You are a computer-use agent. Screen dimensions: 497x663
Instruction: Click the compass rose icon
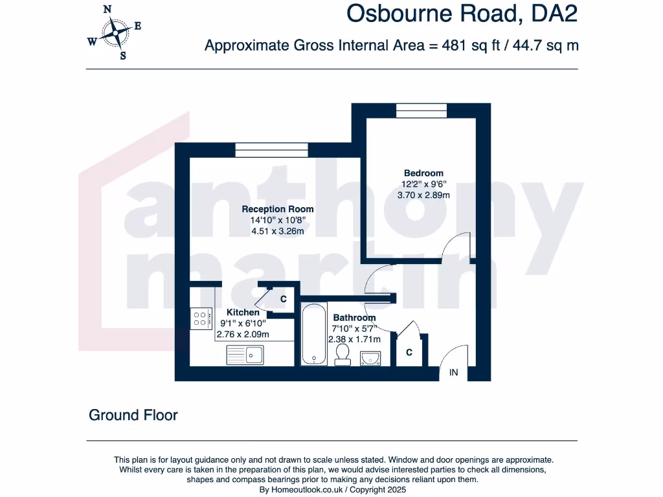coord(116,32)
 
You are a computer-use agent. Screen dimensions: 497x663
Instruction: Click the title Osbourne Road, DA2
coord(462,14)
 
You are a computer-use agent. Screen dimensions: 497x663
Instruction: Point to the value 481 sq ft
coord(469,45)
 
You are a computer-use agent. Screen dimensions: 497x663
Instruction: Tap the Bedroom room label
coord(423,173)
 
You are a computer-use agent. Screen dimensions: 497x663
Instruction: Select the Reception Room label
coord(278,209)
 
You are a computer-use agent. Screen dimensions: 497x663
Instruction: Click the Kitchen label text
coord(243,313)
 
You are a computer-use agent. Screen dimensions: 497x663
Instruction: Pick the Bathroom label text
coord(354,318)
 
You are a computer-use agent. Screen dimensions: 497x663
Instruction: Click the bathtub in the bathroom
coord(314,334)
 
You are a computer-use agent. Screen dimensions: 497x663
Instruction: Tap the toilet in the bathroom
coord(342,353)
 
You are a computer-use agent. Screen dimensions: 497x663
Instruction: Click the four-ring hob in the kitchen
coord(200,318)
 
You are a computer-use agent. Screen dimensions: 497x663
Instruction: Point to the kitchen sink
coord(245,355)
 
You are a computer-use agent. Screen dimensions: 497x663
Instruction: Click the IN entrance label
coord(454,373)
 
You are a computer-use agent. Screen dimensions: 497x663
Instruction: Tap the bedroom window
coord(421,111)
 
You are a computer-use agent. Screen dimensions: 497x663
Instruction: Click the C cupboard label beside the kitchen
coord(283,299)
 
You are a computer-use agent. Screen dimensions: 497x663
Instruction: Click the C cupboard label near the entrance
coord(409,353)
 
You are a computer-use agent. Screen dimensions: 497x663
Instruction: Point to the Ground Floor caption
coord(133,415)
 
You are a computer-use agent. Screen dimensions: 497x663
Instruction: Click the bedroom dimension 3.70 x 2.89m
coord(423,195)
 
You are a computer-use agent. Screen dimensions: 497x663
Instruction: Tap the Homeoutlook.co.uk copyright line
coord(332,491)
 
